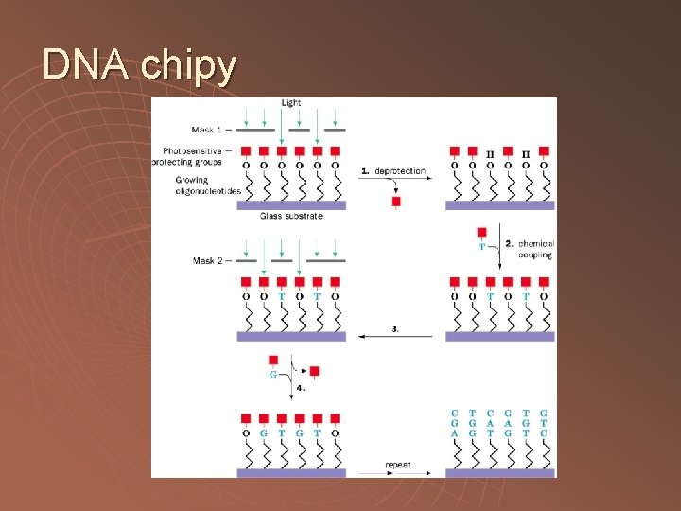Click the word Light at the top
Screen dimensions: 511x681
point(291,102)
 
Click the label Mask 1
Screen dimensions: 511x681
point(207,129)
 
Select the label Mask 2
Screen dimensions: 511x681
point(207,260)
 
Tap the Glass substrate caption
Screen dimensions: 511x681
point(291,217)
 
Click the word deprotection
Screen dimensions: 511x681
point(400,171)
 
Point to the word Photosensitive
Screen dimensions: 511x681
point(193,150)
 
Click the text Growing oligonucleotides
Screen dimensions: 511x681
point(208,185)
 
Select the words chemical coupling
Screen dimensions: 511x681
point(535,249)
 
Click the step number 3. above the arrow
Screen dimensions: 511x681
point(394,328)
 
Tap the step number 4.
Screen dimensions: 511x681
point(300,388)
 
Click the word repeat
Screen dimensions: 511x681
point(397,465)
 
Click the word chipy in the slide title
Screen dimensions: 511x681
point(188,65)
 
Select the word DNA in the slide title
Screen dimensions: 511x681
point(86,65)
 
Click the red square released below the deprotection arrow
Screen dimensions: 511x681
point(395,202)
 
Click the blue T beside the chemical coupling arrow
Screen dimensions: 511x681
point(482,246)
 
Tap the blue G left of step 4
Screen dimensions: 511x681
point(273,375)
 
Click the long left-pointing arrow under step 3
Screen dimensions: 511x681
point(397,336)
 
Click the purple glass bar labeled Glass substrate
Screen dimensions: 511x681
point(291,205)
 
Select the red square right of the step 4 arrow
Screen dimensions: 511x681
point(315,370)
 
